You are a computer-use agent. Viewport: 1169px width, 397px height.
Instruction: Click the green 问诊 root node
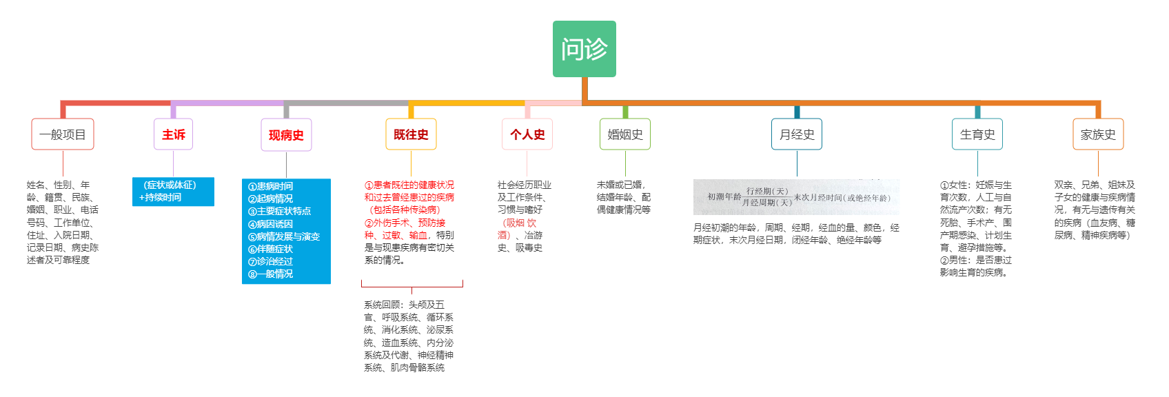[584, 49]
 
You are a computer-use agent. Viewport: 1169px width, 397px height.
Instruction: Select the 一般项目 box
[63, 134]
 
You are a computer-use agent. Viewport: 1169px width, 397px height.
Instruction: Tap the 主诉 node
[173, 134]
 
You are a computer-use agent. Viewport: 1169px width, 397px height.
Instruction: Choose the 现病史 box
[286, 135]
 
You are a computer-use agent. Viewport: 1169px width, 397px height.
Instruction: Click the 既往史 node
[411, 134]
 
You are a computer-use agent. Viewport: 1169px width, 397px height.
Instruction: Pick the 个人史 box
[527, 134]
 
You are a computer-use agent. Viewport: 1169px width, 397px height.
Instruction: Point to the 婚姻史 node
[625, 134]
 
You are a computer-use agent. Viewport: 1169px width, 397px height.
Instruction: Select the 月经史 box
[797, 134]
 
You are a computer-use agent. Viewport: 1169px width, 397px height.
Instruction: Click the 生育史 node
[977, 134]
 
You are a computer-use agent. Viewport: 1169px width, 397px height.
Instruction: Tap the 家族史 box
[1098, 134]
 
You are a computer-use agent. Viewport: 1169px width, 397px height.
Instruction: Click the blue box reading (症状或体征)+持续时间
[173, 192]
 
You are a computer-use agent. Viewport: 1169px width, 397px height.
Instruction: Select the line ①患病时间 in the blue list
[271, 186]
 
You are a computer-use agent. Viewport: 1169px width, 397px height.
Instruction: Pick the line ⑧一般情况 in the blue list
[271, 274]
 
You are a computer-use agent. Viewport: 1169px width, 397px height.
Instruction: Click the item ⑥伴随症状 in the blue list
[271, 249]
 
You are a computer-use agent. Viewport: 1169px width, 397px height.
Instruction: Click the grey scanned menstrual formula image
[796, 197]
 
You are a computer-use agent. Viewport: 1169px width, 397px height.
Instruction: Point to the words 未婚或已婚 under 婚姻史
[620, 185]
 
